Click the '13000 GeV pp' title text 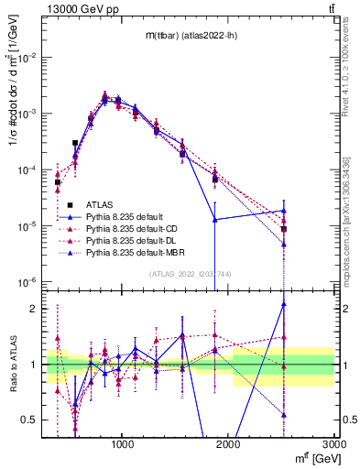[x=80, y=8]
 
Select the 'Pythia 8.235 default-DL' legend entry [x=134, y=244]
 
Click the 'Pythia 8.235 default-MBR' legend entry [x=136, y=256]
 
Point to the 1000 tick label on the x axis [x=123, y=443]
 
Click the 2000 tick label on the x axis [x=228, y=443]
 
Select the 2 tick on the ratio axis [x=34, y=309]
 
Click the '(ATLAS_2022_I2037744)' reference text [x=191, y=274]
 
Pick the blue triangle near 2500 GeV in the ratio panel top [x=284, y=304]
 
